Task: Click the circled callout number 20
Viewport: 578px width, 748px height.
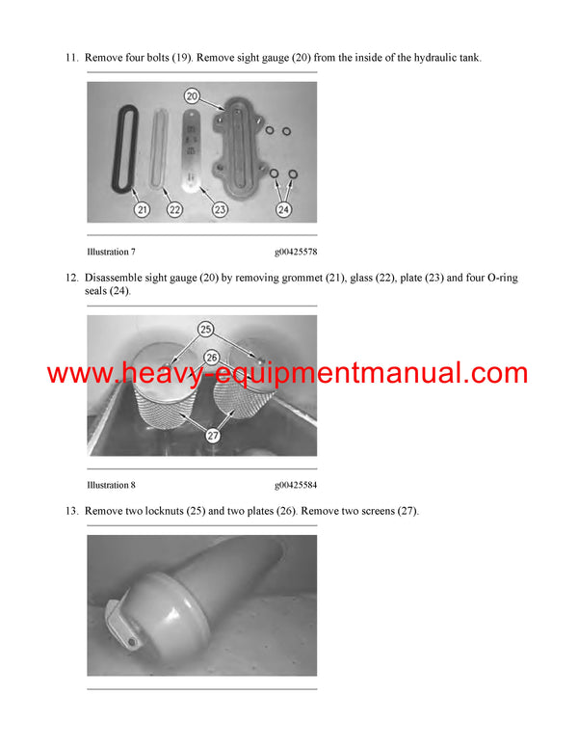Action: pyautogui.click(x=192, y=96)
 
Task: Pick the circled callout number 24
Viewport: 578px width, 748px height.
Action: pyautogui.click(x=284, y=208)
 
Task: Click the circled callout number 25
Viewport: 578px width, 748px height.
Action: pyautogui.click(x=205, y=330)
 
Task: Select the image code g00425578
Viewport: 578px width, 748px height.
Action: pyautogui.click(x=295, y=252)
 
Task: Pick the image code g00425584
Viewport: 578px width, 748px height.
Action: pyautogui.click(x=295, y=485)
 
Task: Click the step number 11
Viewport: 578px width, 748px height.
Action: pyautogui.click(x=71, y=58)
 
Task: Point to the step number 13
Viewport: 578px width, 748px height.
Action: pyautogui.click(x=71, y=511)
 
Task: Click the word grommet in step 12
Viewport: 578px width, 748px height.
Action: pyautogui.click(x=313, y=278)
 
